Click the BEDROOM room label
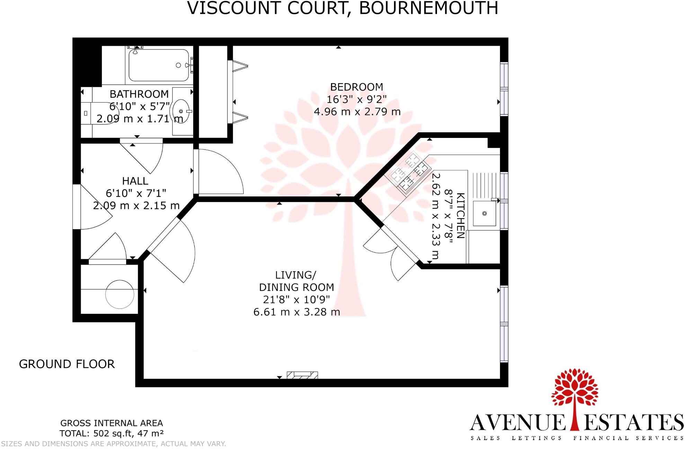tap(356, 87)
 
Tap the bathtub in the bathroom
tap(159, 65)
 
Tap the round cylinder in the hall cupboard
tap(119, 294)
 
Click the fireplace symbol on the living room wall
tap(302, 375)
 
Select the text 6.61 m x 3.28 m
tap(296, 312)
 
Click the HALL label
tap(135, 181)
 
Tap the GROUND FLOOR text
tap(66, 364)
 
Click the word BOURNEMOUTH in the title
tap(428, 8)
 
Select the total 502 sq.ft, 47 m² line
tap(111, 433)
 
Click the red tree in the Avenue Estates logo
tap(574, 395)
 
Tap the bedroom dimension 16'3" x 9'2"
tap(356, 99)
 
